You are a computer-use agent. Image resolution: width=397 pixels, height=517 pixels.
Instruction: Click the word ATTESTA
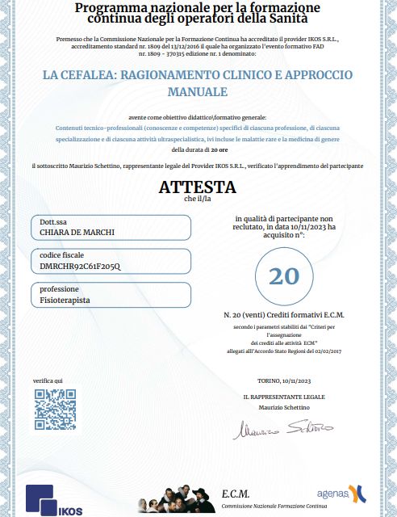[x=198, y=187]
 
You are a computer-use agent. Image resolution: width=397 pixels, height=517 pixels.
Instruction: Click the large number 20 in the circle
[x=283, y=276]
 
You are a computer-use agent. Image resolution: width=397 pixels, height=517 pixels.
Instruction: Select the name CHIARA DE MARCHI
[x=77, y=233]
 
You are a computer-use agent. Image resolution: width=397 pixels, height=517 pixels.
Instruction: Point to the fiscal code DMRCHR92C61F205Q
[x=80, y=266]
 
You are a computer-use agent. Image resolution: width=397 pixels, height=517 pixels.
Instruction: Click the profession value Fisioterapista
[x=65, y=300]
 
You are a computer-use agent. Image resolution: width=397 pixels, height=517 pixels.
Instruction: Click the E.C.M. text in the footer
[x=236, y=494]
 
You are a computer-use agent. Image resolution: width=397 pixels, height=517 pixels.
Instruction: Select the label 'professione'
[x=60, y=288]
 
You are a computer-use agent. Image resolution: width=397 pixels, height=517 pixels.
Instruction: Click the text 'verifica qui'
[x=48, y=380]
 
